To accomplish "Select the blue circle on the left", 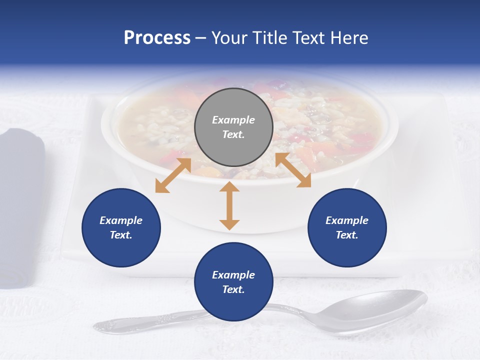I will [x=121, y=227].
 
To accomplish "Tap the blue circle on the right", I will [x=347, y=227].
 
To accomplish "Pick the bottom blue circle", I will [x=233, y=282].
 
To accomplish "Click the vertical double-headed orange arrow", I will [x=229, y=205].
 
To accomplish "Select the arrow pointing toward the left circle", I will [x=173, y=175].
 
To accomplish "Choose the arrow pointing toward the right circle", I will [x=293, y=170].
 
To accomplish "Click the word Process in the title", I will [x=157, y=38].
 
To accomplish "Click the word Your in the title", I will [x=229, y=38].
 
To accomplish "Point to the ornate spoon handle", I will [x=150, y=322].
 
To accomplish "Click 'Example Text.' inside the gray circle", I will [x=233, y=127].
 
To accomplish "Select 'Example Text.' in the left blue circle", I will [x=121, y=227].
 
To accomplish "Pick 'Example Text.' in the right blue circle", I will [x=347, y=227].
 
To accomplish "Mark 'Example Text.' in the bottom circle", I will [x=233, y=282].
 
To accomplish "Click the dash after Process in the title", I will [x=201, y=38].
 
